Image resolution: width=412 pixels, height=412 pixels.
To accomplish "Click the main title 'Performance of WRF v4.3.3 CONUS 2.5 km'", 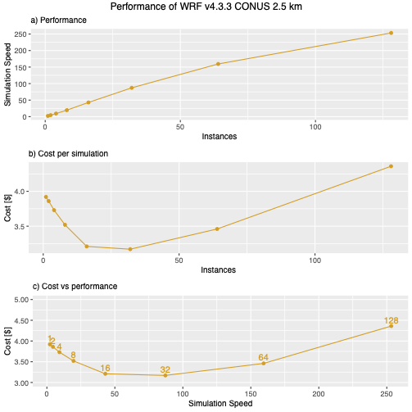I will point(206,7).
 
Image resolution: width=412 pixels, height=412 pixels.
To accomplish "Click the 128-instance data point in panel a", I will point(391,33).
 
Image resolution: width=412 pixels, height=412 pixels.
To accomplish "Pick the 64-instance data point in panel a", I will point(218,64).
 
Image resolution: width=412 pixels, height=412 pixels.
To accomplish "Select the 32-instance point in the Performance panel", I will point(131,88).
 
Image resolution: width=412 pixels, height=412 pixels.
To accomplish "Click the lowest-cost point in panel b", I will point(129,249).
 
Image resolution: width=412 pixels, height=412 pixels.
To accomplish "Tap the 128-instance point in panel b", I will point(391,166).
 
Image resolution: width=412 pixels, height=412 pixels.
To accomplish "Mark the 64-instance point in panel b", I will point(217,229).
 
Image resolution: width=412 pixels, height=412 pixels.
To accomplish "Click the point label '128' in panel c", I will point(391,320).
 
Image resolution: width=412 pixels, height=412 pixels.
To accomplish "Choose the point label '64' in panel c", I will point(263,357).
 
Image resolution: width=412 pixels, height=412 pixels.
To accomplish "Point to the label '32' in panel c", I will point(165,369).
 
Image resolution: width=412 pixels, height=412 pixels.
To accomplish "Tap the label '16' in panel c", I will point(105,368).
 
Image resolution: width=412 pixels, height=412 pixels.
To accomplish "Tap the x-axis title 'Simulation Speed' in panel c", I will point(218,404).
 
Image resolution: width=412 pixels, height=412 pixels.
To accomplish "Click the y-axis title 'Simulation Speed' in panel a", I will point(7,75).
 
